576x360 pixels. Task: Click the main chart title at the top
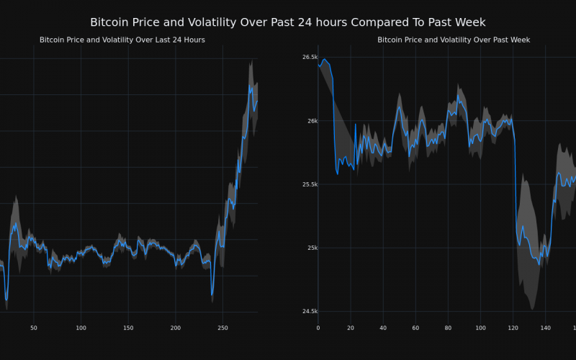tap(288, 22)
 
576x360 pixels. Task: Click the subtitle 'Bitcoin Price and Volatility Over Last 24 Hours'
tap(122, 40)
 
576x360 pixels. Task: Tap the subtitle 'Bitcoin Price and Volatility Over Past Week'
tap(454, 40)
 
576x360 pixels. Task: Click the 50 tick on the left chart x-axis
tap(34, 328)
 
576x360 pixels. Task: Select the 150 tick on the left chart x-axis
tap(128, 328)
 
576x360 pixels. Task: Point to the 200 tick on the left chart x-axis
tap(176, 328)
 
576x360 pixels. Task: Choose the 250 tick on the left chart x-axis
tap(222, 328)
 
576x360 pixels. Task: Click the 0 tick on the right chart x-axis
tap(318, 328)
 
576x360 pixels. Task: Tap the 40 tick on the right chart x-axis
tap(383, 328)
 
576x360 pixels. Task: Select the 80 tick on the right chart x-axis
tap(448, 328)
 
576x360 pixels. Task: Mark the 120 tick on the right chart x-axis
tap(513, 328)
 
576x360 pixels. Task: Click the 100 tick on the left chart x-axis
tap(81, 328)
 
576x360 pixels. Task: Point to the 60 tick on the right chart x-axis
tap(415, 328)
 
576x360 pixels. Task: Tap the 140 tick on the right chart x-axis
tap(545, 328)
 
